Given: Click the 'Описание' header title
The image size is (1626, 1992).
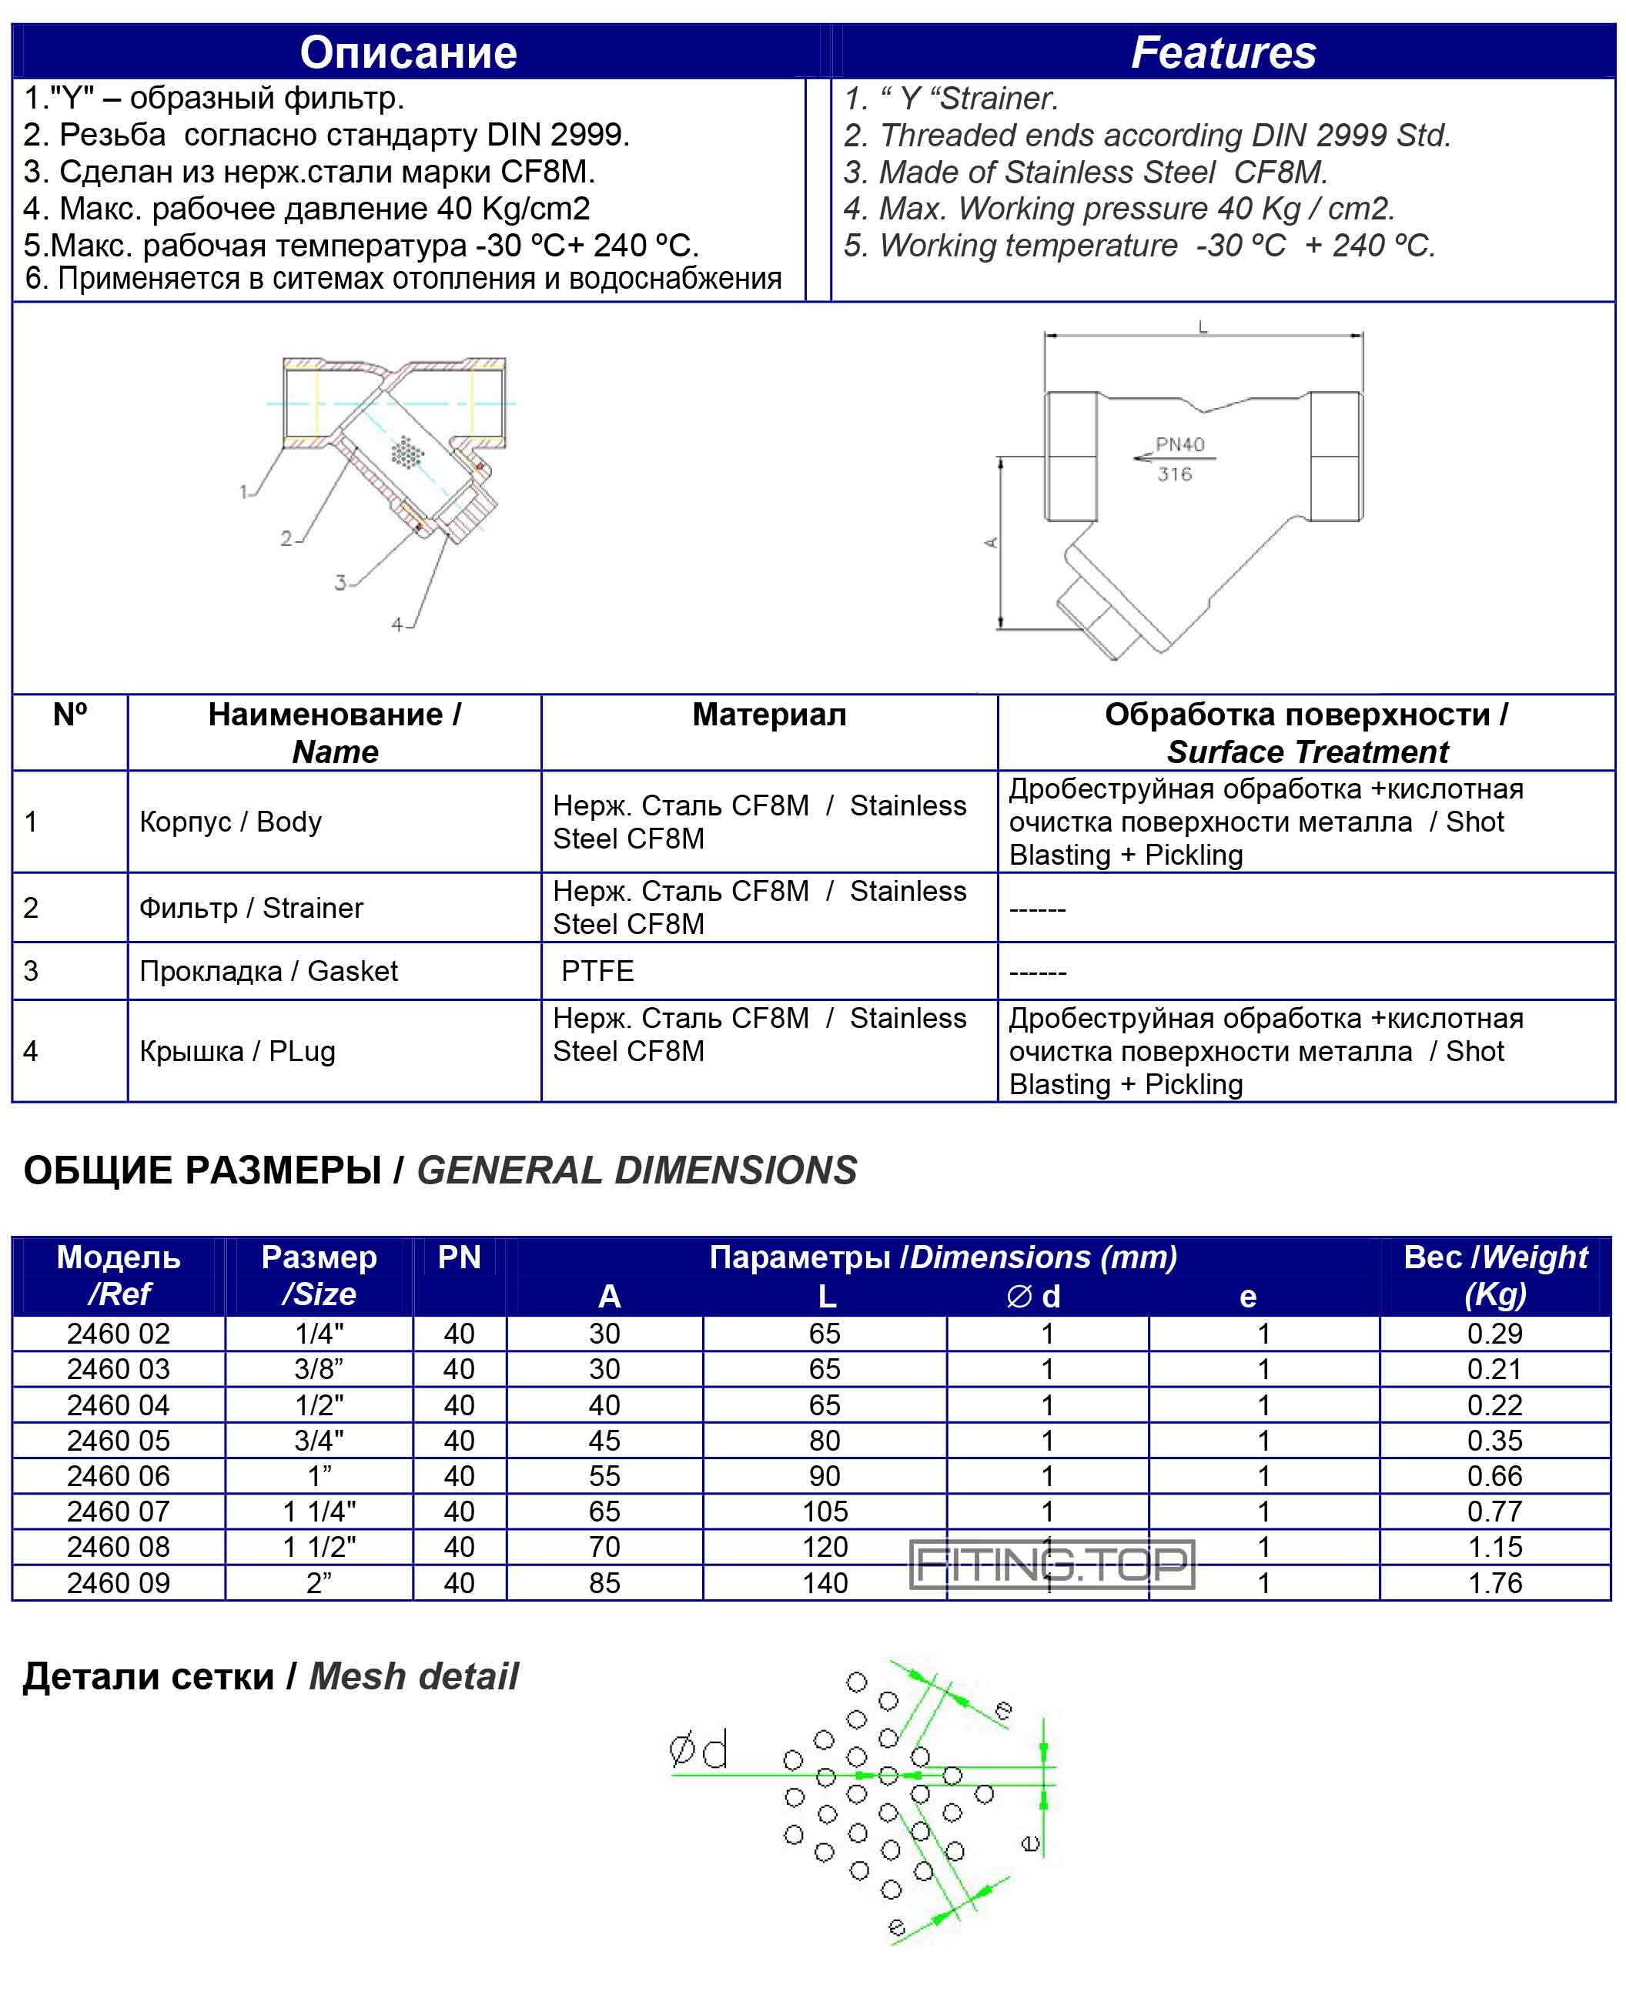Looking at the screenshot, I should [408, 52].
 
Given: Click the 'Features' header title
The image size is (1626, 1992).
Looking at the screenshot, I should [1223, 52].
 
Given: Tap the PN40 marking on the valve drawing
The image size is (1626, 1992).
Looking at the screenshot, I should [1179, 444].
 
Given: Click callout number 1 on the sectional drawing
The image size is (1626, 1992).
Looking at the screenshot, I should [243, 490].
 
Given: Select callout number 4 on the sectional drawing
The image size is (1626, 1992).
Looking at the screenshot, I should [397, 624].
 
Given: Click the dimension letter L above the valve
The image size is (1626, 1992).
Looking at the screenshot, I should [1203, 326].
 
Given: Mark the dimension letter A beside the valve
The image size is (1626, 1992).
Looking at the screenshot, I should [991, 542].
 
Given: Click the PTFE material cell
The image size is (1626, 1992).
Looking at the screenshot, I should [597, 970].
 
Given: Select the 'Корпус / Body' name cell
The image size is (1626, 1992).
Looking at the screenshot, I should [230, 822].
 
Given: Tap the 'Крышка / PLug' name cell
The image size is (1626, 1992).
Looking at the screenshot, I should [237, 1051].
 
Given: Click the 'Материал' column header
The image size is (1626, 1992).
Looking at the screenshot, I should [769, 715].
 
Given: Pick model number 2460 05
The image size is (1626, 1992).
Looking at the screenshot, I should [118, 1441].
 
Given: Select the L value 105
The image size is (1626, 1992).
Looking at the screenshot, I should [825, 1512].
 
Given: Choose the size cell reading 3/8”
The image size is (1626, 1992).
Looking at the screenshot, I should [319, 1369].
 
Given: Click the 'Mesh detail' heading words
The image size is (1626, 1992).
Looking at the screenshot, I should [413, 1676].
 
